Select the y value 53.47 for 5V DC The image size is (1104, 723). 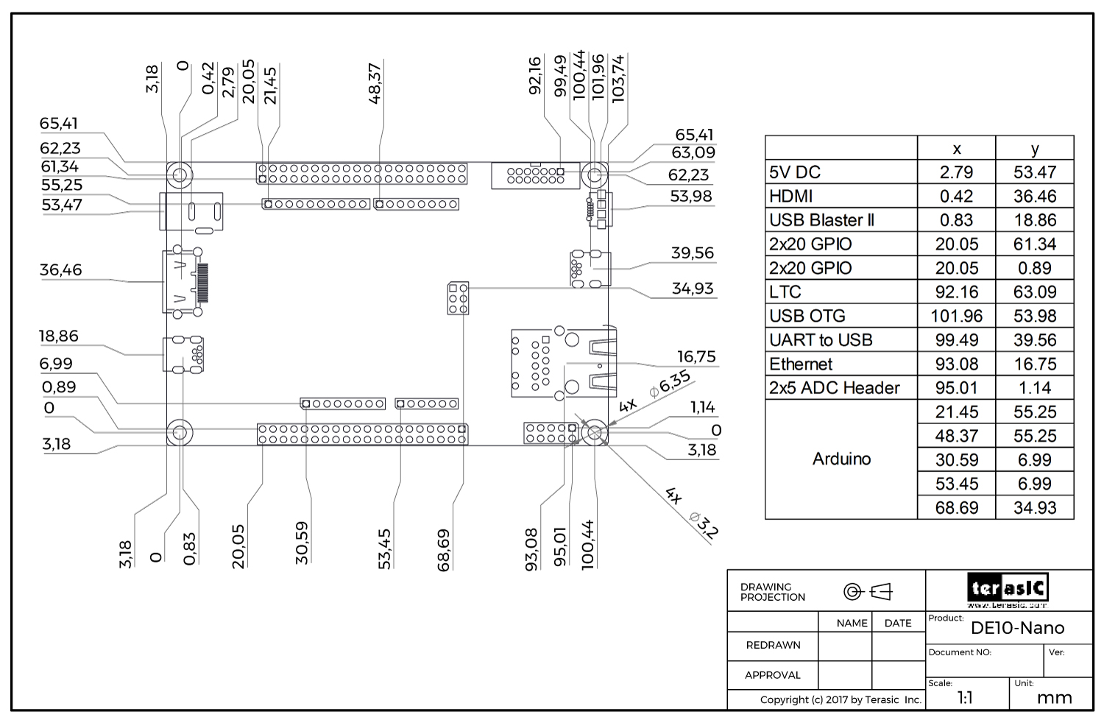(1034, 172)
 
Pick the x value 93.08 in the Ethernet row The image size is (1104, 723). (956, 364)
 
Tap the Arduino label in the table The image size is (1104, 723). (841, 459)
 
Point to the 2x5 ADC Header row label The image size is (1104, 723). (835, 388)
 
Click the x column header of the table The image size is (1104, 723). (956, 149)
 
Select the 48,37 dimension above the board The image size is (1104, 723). (375, 82)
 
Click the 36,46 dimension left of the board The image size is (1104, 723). (60, 270)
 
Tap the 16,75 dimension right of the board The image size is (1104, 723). (696, 357)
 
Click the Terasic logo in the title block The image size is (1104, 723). (1008, 588)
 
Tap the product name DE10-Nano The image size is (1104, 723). (1017, 628)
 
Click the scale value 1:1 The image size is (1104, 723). (966, 698)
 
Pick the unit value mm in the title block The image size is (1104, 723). (1054, 698)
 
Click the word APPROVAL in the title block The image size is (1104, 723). (772, 675)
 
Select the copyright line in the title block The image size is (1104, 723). (841, 699)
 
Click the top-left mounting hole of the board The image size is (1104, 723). (180, 175)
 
